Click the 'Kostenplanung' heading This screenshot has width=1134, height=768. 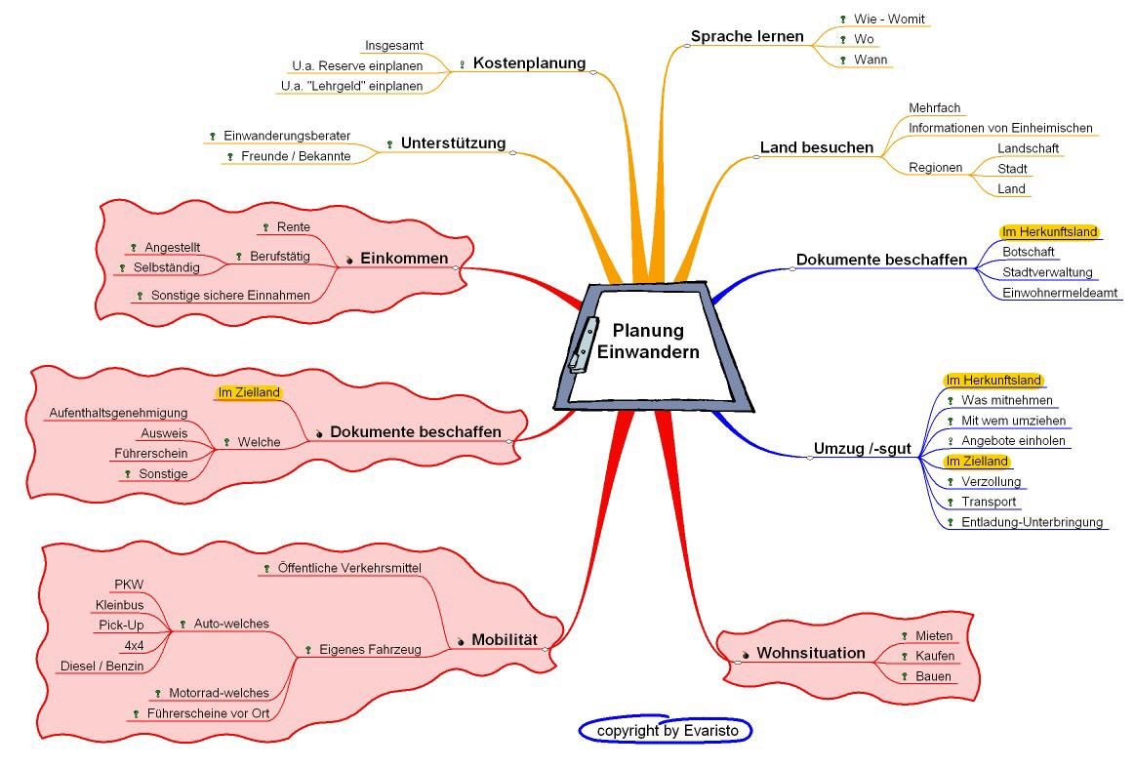click(529, 63)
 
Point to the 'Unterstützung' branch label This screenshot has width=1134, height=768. click(453, 143)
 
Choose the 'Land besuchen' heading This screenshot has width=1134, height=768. click(817, 148)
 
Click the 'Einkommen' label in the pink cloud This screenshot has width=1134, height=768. click(404, 259)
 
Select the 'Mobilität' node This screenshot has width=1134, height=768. click(505, 640)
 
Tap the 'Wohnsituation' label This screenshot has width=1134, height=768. click(811, 653)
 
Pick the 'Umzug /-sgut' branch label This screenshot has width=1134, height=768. click(862, 450)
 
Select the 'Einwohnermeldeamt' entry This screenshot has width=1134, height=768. click(1062, 293)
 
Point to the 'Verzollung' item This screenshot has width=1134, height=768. click(991, 482)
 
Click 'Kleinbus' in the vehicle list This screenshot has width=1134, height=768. click(119, 605)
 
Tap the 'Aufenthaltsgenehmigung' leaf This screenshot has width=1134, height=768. click(118, 414)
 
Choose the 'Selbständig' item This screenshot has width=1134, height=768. click(166, 267)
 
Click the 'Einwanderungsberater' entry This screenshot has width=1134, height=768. click(287, 136)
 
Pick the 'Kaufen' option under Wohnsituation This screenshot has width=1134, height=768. click(934, 656)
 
